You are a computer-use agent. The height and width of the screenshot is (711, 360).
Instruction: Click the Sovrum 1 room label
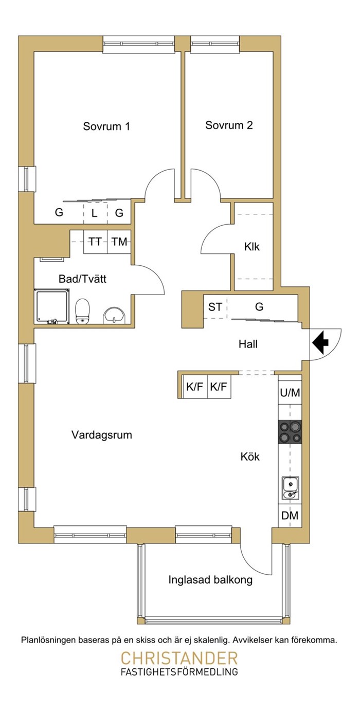[x=106, y=126]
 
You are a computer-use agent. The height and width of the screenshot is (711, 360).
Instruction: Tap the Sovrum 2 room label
[x=229, y=125]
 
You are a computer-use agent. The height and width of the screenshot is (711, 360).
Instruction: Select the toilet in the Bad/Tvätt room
[x=82, y=311]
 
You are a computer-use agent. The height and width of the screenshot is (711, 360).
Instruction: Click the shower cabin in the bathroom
[x=51, y=306]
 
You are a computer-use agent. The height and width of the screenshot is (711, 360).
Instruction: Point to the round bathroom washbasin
[x=114, y=316]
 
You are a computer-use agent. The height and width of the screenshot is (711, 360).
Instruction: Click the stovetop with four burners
[x=290, y=432]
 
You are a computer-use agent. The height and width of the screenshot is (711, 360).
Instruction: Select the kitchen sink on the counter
[x=291, y=488]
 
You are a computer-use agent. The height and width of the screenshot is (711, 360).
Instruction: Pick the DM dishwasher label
[x=290, y=516]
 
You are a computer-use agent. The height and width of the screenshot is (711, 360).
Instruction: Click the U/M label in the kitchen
[x=290, y=393]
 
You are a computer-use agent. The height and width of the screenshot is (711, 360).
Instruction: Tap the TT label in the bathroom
[x=95, y=242]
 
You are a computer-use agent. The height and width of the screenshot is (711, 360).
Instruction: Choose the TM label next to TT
[x=119, y=242]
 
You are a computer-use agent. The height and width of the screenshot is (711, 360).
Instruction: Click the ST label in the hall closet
[x=215, y=307]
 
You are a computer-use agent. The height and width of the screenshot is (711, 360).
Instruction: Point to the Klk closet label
[x=252, y=247]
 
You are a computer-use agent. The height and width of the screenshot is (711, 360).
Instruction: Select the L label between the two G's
[x=94, y=213]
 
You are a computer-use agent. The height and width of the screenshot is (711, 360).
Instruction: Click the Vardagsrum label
[x=102, y=434]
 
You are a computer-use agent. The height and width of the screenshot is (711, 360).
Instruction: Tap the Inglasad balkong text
[x=210, y=580]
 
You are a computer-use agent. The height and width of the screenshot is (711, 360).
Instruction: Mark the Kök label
[x=250, y=457]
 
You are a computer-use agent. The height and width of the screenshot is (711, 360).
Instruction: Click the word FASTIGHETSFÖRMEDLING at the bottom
[x=179, y=671]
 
